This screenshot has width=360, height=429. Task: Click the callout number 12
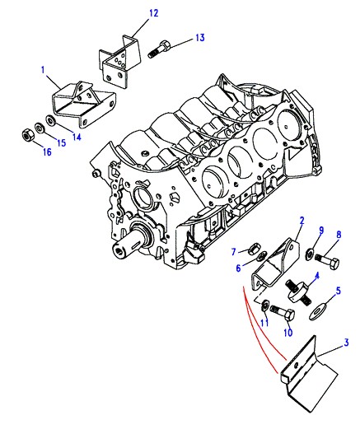click(154, 13)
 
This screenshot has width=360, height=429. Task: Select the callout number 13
click(200, 38)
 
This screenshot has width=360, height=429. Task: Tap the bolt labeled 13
click(160, 49)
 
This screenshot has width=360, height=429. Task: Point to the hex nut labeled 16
click(28, 135)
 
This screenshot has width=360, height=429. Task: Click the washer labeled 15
click(40, 127)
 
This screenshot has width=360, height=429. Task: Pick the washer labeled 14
click(51, 120)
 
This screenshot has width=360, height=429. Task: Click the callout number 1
click(43, 70)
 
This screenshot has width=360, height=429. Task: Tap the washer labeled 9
click(309, 254)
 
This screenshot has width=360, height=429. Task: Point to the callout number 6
click(238, 268)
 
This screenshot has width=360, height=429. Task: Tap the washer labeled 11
click(265, 305)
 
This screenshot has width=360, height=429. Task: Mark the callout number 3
click(346, 343)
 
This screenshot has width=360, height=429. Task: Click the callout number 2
click(302, 220)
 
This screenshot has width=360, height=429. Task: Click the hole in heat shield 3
click(296, 365)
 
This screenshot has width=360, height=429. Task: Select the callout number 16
click(47, 152)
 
